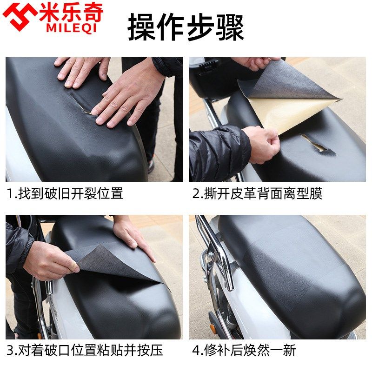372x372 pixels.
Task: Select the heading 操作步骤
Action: click(x=186, y=27)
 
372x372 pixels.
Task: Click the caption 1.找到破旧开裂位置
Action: click(x=65, y=193)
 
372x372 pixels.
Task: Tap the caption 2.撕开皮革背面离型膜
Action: click(x=258, y=193)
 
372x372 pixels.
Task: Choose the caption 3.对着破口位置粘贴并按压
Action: click(x=85, y=350)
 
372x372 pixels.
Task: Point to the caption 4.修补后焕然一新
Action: click(x=244, y=350)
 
